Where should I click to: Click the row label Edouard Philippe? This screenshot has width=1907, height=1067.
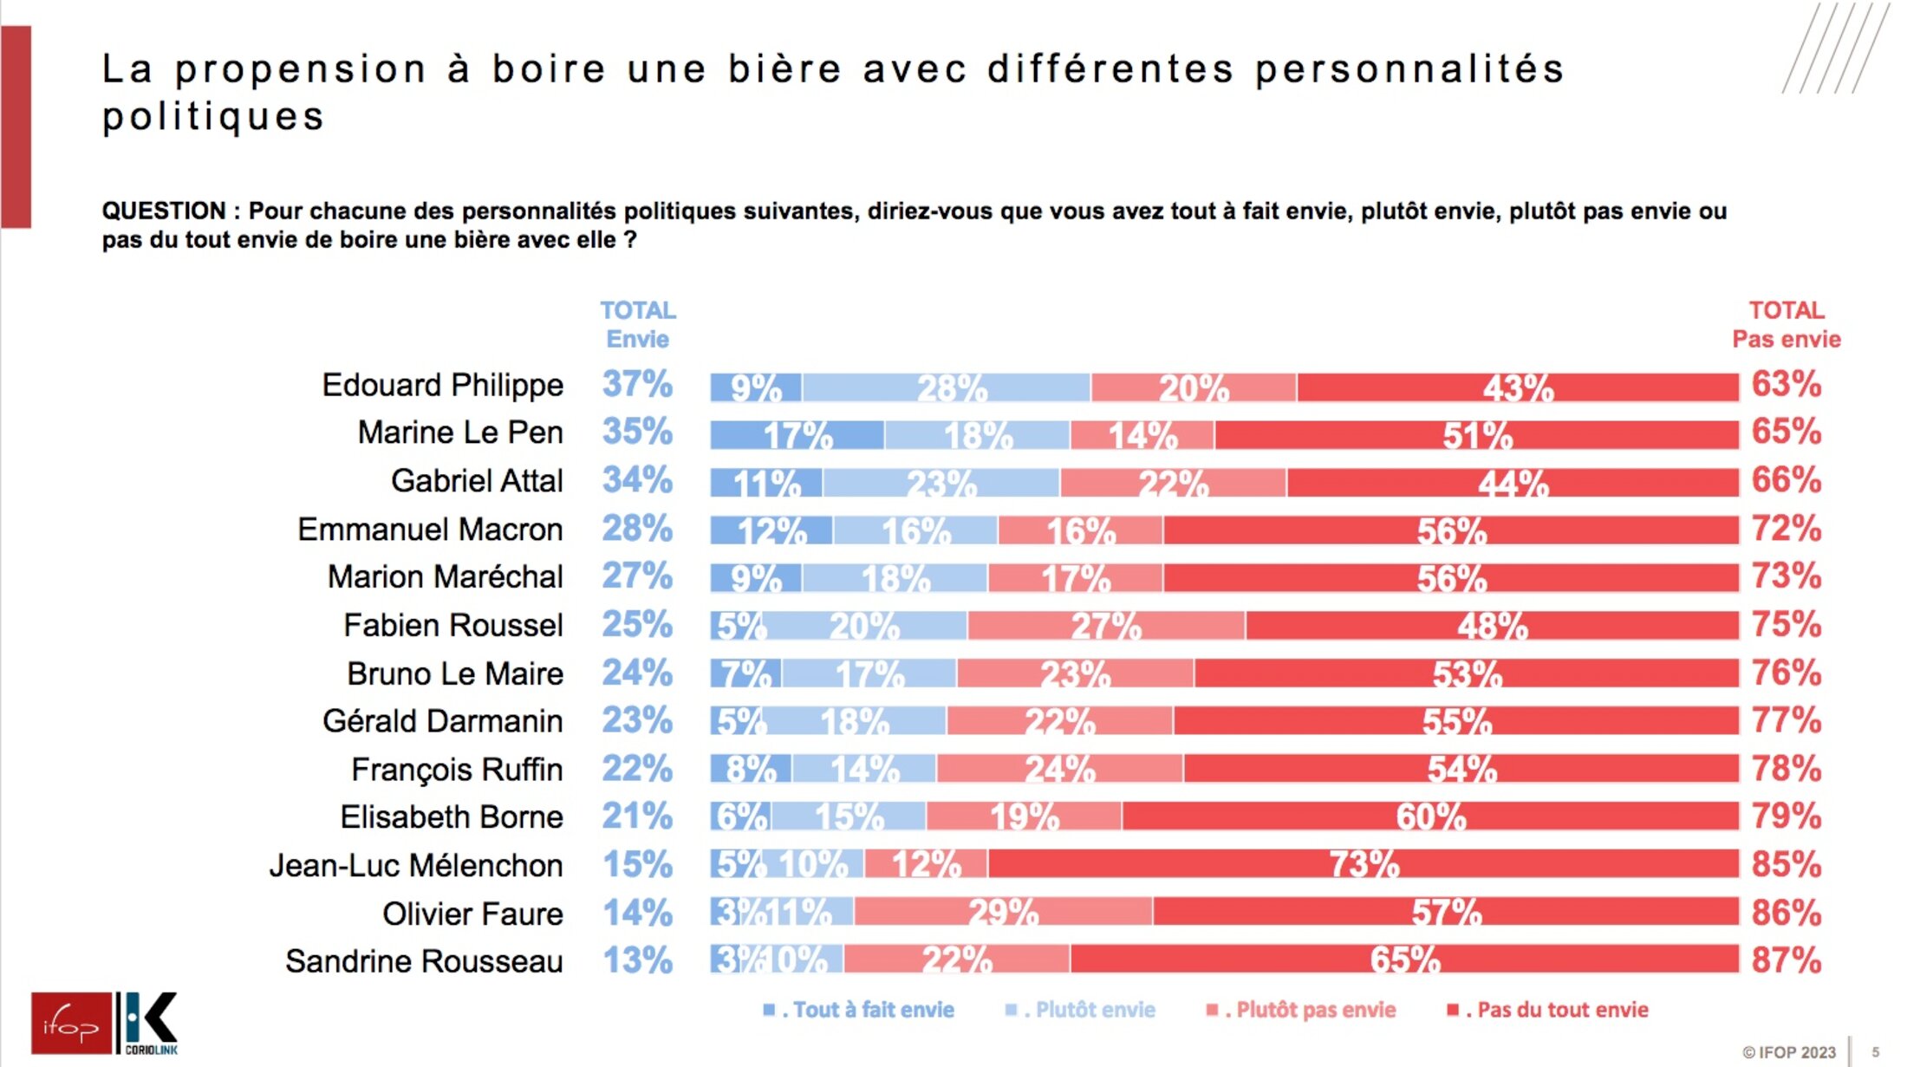(x=442, y=385)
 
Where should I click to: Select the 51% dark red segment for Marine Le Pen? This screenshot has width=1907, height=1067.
(x=1476, y=435)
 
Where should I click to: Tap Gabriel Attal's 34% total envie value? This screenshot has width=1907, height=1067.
(x=637, y=480)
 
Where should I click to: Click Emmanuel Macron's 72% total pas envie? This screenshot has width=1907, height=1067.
(x=1786, y=529)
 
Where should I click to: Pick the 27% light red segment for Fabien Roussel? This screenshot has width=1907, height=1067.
(x=1106, y=626)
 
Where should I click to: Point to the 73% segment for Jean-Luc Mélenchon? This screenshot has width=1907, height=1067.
(x=1364, y=864)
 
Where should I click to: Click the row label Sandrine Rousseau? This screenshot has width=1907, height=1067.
(x=424, y=961)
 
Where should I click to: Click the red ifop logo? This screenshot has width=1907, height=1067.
(x=71, y=1024)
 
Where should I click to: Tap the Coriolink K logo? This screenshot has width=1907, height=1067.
(x=149, y=1023)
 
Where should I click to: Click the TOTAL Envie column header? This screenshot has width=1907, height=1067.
(x=638, y=324)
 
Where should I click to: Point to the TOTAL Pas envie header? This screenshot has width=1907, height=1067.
(x=1786, y=324)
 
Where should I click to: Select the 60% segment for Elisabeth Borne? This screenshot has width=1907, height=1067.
(x=1430, y=817)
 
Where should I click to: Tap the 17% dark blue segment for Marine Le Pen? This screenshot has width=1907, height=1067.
(x=797, y=435)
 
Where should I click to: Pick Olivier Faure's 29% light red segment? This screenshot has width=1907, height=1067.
(x=1003, y=912)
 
